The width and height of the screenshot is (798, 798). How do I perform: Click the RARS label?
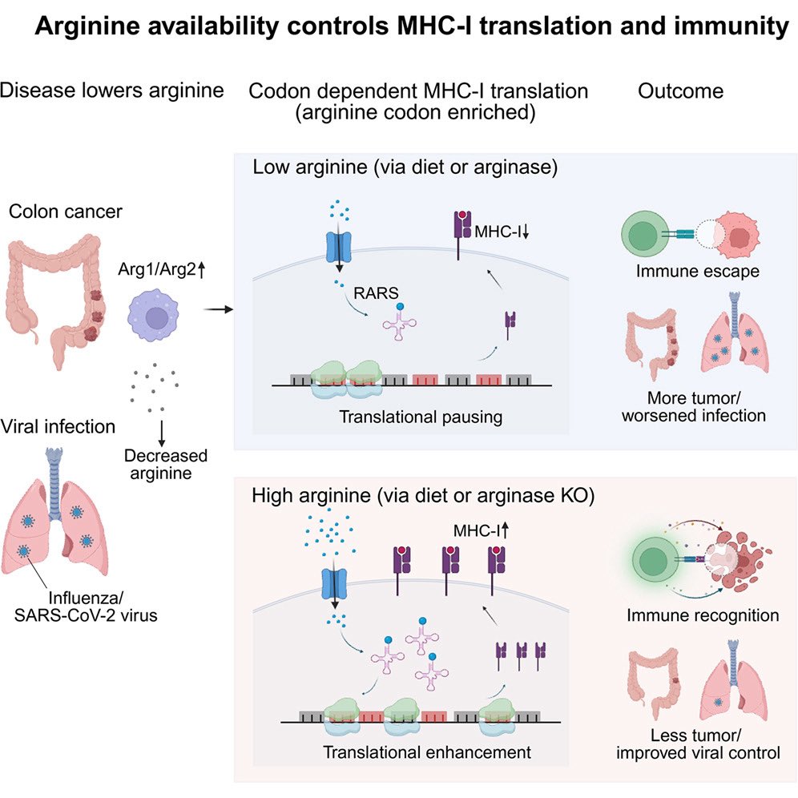click(376, 293)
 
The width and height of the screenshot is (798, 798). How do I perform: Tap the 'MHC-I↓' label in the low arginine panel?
click(502, 232)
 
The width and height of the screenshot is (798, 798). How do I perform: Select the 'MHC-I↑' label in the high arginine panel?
click(481, 531)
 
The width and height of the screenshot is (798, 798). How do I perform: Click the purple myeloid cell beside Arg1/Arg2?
click(154, 315)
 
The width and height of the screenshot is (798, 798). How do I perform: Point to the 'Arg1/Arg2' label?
click(161, 268)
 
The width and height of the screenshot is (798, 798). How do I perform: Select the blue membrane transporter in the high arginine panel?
click(334, 584)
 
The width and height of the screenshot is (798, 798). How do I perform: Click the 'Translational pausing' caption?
click(421, 417)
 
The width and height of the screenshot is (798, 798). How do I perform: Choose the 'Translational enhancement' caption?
click(427, 752)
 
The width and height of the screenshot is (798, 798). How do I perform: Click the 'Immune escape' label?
click(697, 271)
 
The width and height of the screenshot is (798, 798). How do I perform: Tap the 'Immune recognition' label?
click(703, 615)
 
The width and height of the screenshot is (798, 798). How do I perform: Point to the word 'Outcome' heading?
click(680, 91)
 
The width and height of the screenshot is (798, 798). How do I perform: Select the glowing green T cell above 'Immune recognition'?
click(654, 560)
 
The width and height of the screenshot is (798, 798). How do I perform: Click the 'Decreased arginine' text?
click(165, 464)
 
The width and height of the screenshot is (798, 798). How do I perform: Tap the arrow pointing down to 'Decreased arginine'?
click(162, 433)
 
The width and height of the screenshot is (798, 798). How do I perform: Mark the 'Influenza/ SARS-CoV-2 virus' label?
click(86, 607)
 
